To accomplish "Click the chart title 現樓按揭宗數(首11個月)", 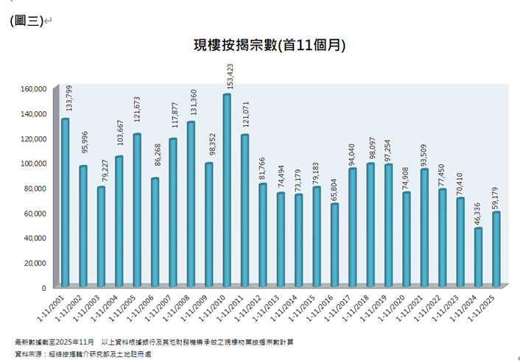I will pos(269,46).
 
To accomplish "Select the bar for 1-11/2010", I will pos(227,191).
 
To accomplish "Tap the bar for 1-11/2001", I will pos(66,202).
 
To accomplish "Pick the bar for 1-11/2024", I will pos(479,257).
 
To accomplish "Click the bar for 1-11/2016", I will pos(334,245).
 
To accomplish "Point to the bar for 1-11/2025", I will pos(496,249).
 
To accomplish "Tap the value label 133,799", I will pos(66,102).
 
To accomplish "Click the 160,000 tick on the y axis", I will pos(34,88).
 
